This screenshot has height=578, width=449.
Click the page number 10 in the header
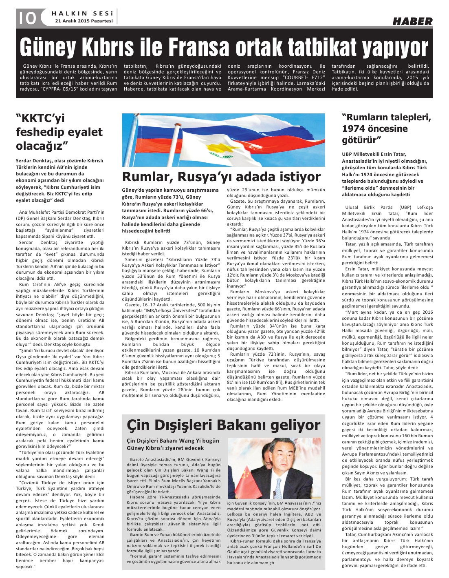[26, 18]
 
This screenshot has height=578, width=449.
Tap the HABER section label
[412, 22]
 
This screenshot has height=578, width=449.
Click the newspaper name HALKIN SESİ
[82, 13]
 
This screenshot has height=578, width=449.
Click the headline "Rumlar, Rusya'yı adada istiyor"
[221, 177]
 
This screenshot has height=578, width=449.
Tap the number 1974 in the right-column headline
[357, 129]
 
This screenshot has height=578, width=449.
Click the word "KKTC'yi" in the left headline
[40, 119]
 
